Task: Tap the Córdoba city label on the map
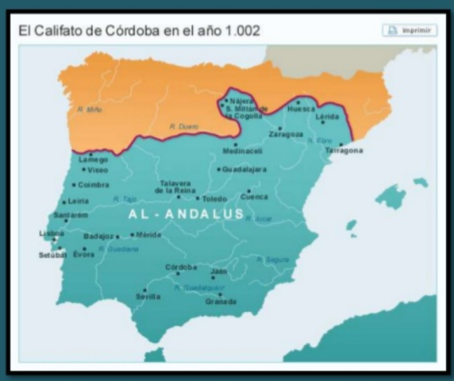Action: (x=181, y=267)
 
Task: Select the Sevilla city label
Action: (x=148, y=297)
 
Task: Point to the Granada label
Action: (x=221, y=302)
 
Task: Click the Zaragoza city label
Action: (x=286, y=134)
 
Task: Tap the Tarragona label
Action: (x=344, y=150)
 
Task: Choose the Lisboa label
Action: (x=52, y=233)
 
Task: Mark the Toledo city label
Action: (x=214, y=198)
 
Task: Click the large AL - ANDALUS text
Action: (x=185, y=214)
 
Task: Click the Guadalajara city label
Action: (x=244, y=169)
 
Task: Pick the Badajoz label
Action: (x=99, y=236)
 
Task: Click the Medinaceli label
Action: (x=241, y=151)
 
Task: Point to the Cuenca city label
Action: (x=254, y=197)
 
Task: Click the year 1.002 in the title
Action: (x=238, y=32)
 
